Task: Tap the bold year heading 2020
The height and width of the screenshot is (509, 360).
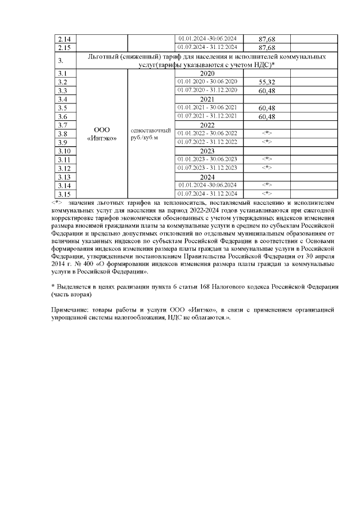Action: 208,73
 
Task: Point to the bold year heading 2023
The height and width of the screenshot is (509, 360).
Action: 208,150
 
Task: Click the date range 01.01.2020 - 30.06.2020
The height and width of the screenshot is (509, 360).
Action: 208,82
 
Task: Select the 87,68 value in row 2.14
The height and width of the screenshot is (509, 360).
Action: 266,39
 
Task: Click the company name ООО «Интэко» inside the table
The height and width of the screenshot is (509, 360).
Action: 102,133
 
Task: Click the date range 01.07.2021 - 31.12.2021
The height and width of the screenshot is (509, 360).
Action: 208,116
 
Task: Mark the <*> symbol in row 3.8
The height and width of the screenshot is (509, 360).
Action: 267,133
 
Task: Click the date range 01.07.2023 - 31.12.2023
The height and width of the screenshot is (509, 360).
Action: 208,168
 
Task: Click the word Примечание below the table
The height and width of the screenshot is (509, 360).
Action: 70,310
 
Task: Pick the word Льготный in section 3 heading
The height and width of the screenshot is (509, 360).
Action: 106,57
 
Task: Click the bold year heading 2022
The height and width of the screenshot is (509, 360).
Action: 208,125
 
